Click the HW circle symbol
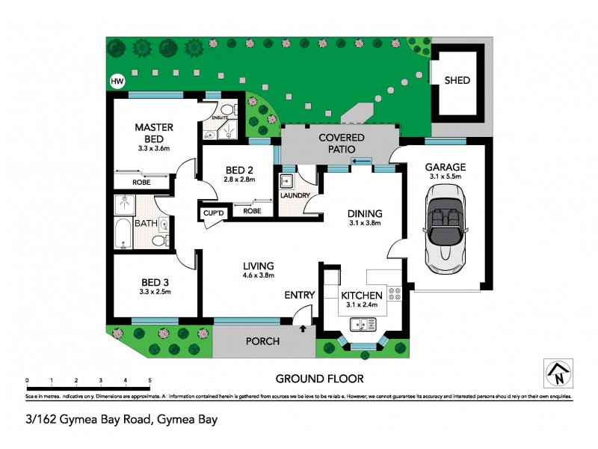point(117,82)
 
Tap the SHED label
point(457,80)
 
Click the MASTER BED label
point(154,133)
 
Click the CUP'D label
point(214,214)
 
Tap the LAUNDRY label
point(295,196)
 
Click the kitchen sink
point(363,324)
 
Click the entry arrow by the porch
point(303,328)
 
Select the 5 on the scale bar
point(149,380)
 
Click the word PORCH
point(262,341)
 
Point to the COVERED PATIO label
point(341,143)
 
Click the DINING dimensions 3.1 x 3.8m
point(365,223)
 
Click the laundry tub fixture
point(286,181)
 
